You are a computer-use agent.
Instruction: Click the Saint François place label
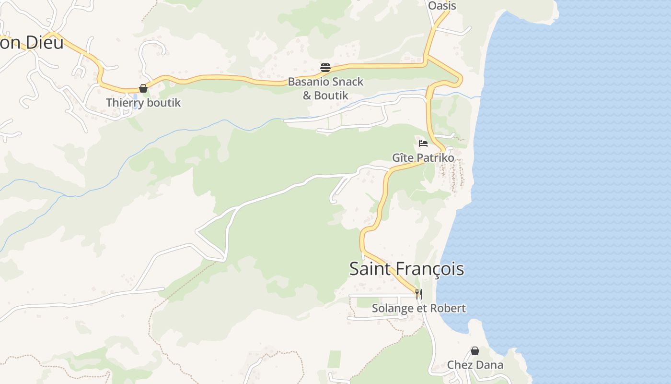tap(406, 269)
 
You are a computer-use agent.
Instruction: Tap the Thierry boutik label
tap(143, 103)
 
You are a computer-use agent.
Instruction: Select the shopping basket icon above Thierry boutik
tap(143, 88)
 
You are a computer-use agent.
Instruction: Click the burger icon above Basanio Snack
tap(325, 68)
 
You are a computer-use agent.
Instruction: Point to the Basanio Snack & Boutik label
tap(325, 88)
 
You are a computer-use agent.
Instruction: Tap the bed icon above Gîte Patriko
tap(423, 144)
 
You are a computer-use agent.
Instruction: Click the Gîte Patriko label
tap(423, 157)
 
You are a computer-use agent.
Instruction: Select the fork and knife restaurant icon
tap(419, 294)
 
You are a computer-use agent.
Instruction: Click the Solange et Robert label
tap(419, 308)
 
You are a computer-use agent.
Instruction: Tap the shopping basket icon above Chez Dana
tap(474, 351)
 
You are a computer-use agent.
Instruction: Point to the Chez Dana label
tap(475, 365)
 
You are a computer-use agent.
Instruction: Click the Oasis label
tap(441, 6)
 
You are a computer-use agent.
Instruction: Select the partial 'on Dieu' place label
tap(32, 43)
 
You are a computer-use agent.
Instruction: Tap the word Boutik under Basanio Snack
tap(331, 95)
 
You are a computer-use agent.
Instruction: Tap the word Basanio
tap(306, 82)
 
